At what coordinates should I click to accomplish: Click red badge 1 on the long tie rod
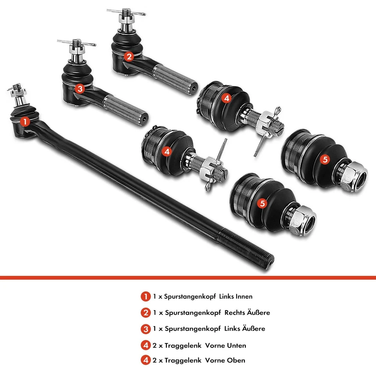click(25, 122)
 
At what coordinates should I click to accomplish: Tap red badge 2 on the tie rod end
click(129, 56)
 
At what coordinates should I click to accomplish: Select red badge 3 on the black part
click(80, 89)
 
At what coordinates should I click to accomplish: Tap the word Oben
click(236, 360)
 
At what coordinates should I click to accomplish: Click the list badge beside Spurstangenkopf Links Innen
click(145, 296)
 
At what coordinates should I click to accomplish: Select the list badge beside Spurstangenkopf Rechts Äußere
click(145, 313)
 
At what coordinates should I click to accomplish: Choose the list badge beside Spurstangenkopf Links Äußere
click(145, 329)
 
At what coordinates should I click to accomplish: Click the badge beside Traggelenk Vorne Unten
click(145, 345)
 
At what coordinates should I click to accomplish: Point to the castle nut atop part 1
click(17, 93)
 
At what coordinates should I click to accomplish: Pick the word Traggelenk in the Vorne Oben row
click(183, 360)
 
